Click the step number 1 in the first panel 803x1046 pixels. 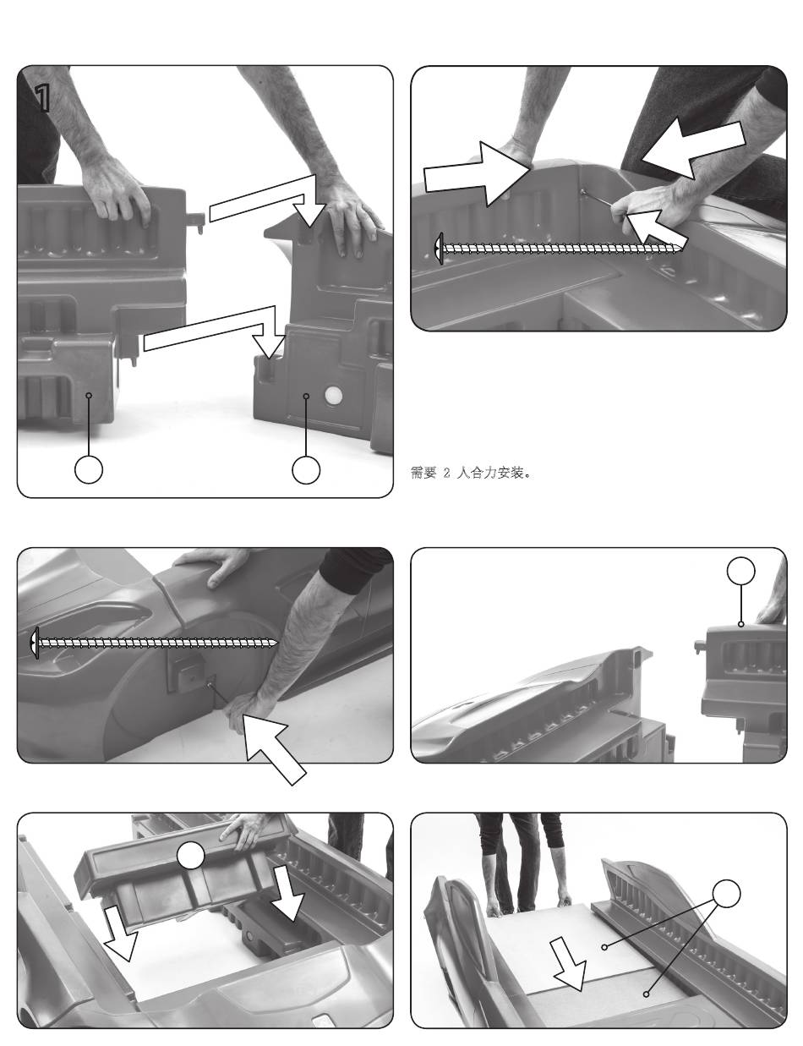[x=43, y=100]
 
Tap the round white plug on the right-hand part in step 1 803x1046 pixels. [x=333, y=397]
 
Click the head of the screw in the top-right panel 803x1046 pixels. [x=439, y=249]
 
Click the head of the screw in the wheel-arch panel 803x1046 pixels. [x=35, y=642]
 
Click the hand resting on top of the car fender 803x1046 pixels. [x=216, y=566]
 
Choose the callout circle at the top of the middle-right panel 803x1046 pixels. [x=740, y=572]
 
